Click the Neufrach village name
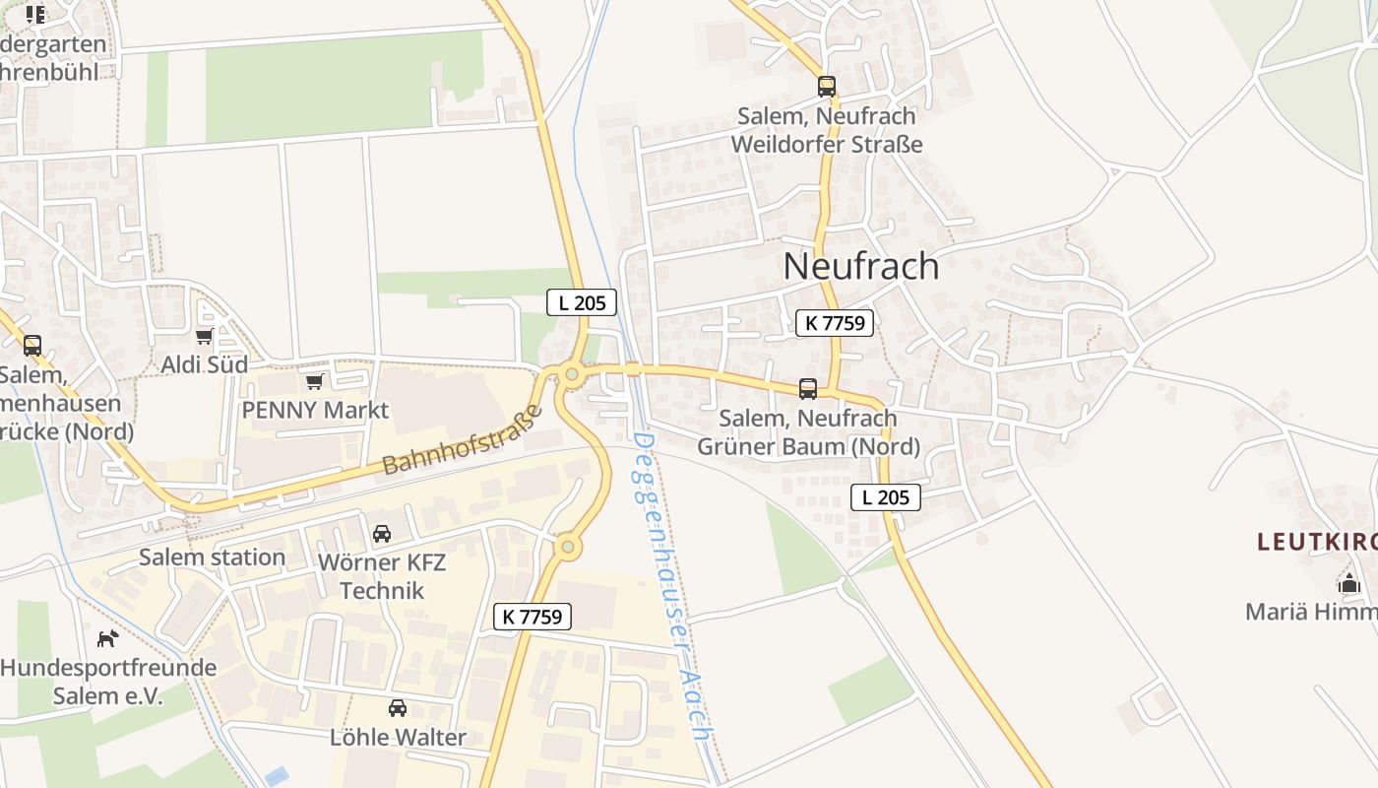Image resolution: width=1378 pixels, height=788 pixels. click(x=861, y=266)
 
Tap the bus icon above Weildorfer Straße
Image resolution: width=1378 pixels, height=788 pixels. click(x=827, y=87)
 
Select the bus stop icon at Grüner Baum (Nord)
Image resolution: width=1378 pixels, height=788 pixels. click(x=808, y=389)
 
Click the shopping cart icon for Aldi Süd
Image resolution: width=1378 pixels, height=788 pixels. click(x=205, y=337)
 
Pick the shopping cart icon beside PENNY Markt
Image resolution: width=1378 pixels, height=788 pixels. click(x=315, y=381)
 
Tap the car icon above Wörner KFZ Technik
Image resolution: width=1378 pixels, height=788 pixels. click(x=382, y=534)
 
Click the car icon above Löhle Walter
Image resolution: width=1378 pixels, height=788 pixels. click(x=398, y=708)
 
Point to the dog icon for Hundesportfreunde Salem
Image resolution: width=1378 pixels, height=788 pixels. click(x=107, y=638)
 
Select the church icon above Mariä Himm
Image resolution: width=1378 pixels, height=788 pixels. click(x=1348, y=583)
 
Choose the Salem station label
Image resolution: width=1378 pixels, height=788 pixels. click(x=212, y=558)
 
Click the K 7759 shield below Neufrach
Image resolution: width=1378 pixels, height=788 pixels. click(x=835, y=322)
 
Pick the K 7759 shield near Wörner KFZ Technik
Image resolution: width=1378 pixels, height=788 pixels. click(x=532, y=617)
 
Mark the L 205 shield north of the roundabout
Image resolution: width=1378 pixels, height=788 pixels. click(x=582, y=302)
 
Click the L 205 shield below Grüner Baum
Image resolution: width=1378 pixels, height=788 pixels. click(x=886, y=497)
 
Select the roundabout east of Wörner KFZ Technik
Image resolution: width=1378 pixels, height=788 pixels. click(x=568, y=546)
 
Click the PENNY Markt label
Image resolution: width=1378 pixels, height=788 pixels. click(x=315, y=410)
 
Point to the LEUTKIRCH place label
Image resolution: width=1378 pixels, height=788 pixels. click(x=1317, y=541)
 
